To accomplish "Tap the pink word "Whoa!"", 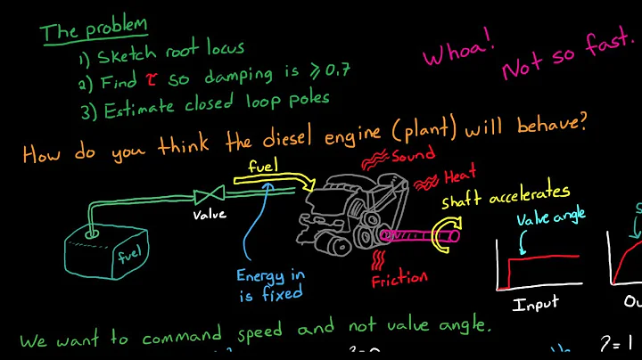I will click(458, 54).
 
